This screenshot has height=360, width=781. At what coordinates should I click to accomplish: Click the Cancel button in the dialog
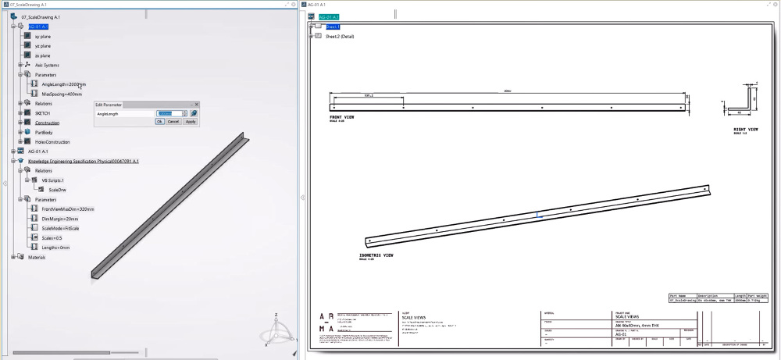(x=173, y=122)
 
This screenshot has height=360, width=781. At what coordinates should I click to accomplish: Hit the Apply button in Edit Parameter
(x=190, y=122)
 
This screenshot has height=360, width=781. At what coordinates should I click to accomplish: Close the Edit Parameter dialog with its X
(x=196, y=104)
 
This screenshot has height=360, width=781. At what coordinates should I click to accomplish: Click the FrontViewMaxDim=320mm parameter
(x=68, y=209)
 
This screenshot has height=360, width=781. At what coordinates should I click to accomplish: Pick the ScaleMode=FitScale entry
(x=60, y=228)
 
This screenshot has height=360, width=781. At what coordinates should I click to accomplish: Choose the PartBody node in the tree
(x=45, y=132)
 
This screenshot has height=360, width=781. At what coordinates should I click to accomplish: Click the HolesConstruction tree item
(x=52, y=141)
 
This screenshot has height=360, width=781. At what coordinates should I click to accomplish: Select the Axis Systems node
(x=47, y=66)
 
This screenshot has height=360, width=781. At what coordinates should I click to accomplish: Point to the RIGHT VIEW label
(x=746, y=130)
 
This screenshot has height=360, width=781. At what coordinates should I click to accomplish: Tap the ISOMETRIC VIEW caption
(x=376, y=255)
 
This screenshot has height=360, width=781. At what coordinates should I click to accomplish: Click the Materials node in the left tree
(x=37, y=257)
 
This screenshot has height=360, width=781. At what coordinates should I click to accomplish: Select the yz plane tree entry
(x=42, y=46)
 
